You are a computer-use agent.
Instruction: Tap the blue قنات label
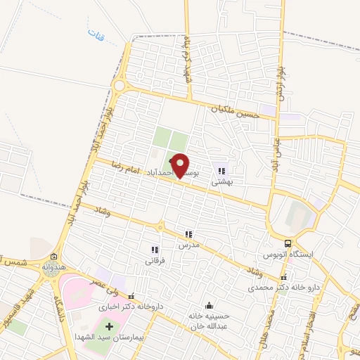click(x=93, y=32)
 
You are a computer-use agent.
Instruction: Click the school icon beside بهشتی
click(x=222, y=171)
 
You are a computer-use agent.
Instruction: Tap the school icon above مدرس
click(x=188, y=234)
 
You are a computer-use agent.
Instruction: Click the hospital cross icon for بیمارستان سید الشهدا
click(x=108, y=327)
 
